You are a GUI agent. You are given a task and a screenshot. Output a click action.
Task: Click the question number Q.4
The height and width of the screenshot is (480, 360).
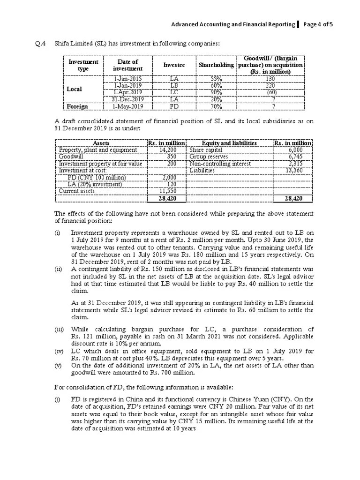coord(41,44)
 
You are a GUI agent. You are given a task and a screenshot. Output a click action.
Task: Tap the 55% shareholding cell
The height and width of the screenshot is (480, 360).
coord(216,79)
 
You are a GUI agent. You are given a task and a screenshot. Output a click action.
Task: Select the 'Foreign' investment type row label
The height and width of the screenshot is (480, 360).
coord(77,106)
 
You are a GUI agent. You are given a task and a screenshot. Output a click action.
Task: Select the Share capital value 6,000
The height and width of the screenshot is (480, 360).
coord(302,150)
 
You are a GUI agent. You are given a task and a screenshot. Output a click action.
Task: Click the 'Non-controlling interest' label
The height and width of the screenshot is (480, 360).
coord(220,164)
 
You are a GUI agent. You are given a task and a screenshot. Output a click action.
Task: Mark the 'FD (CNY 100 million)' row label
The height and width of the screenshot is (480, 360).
coord(97,178)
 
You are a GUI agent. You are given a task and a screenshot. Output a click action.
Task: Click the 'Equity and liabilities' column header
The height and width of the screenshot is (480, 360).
coord(229,143)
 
